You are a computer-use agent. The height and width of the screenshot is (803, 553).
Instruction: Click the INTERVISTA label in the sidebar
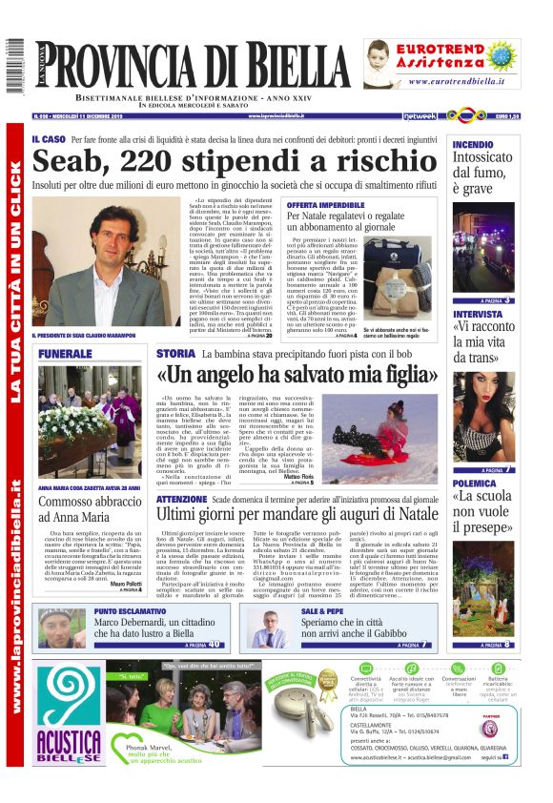(x=478, y=313)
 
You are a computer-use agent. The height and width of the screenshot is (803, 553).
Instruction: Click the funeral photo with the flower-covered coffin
(x=90, y=409)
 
